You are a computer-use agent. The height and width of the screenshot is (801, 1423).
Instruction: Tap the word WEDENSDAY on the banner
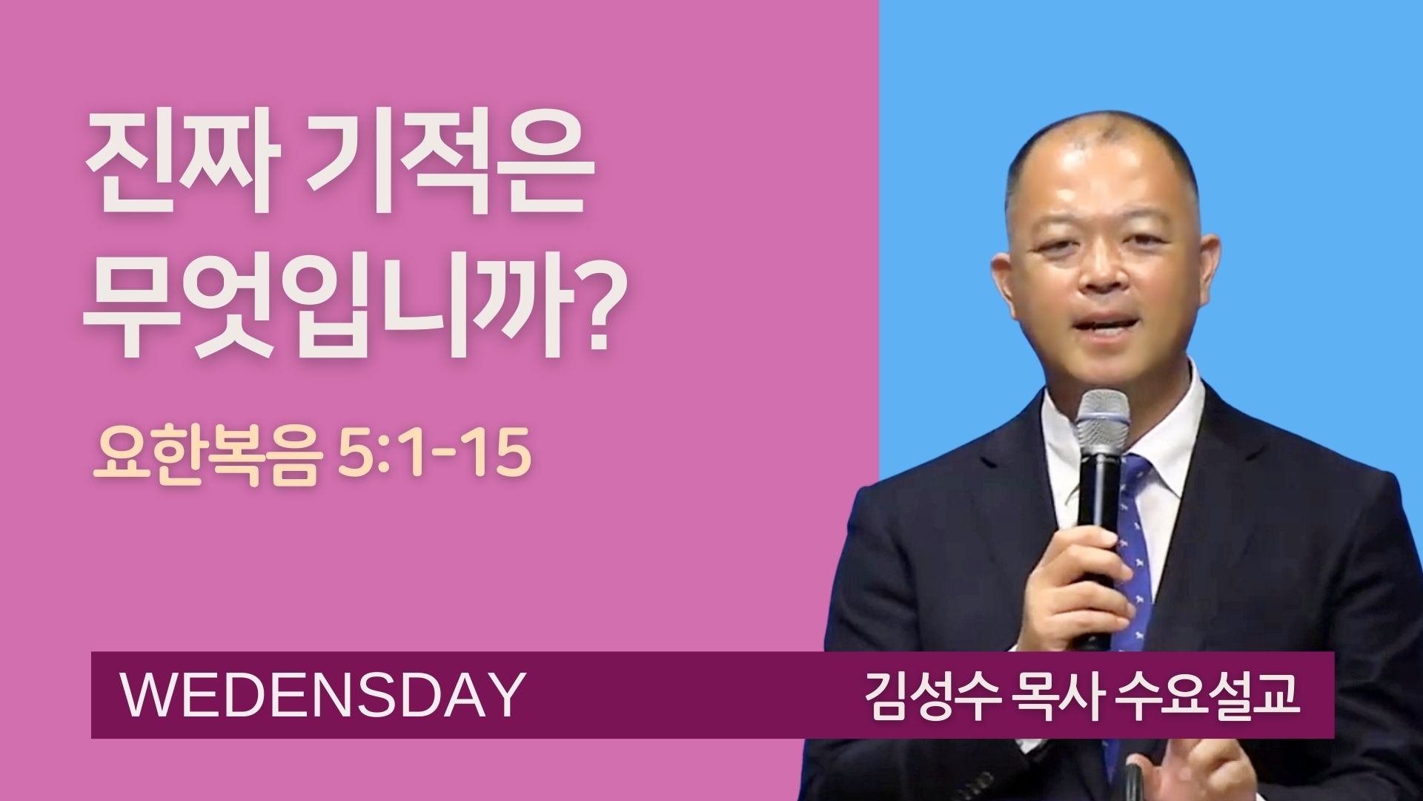(x=322, y=695)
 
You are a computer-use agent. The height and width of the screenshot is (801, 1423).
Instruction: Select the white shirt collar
(x=1123, y=423)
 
